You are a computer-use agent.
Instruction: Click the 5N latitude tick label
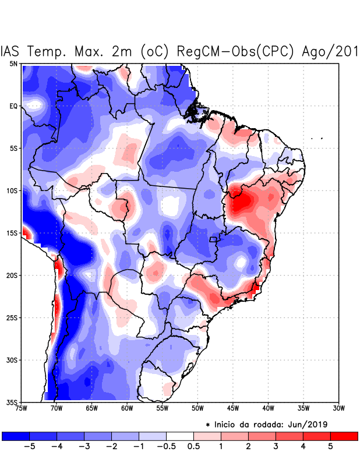point(13,63)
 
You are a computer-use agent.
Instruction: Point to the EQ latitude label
point(13,106)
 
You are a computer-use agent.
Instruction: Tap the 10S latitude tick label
point(12,190)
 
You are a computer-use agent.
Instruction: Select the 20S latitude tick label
point(12,275)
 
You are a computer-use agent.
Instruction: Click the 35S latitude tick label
point(12,402)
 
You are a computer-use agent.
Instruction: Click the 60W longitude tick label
point(126,408)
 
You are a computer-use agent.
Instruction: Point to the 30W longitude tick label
point(338,408)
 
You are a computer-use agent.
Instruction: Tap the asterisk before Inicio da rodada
point(208,425)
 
